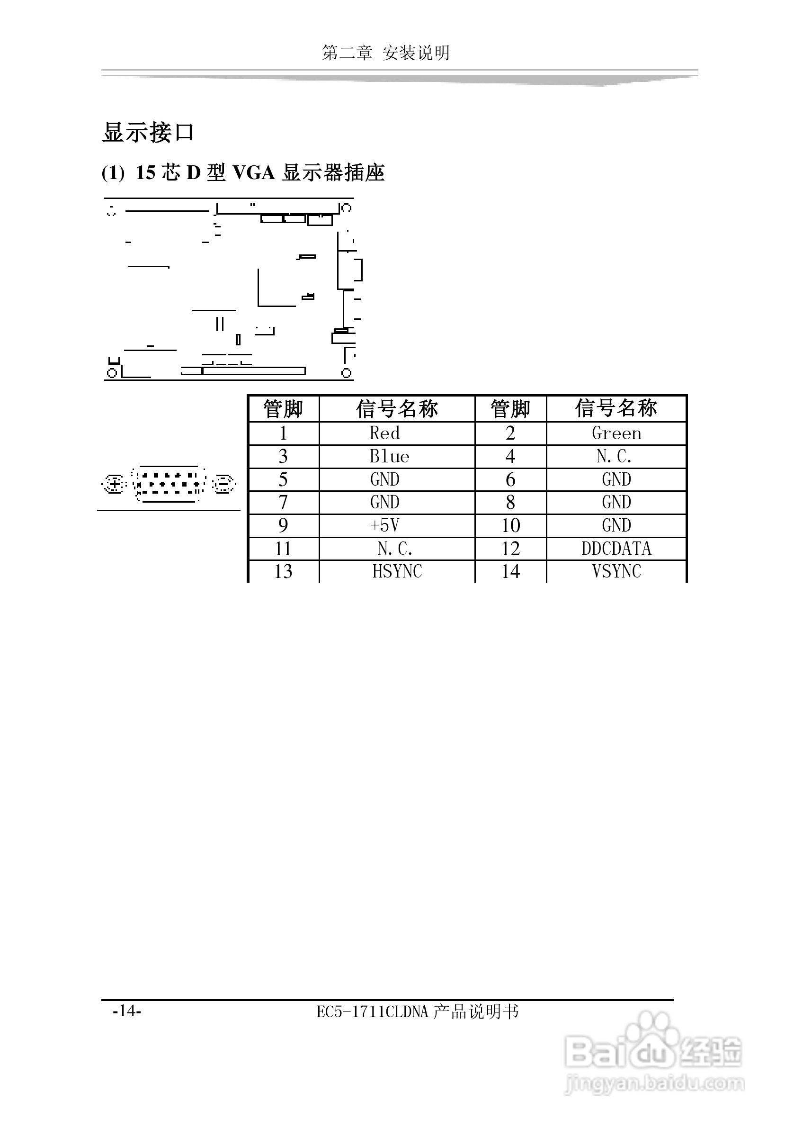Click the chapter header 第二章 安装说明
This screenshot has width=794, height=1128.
pos(385,53)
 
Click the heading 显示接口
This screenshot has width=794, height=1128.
pos(148,133)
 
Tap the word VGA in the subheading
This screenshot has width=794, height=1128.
pos(253,173)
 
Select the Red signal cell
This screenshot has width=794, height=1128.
pos(384,433)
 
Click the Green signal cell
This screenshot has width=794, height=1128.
pos(616,433)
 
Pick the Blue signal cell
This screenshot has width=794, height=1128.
pos(389,456)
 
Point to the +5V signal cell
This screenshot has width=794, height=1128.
pos(384,526)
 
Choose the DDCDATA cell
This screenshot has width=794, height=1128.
pos(616,549)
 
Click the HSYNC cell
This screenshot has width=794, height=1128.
pos(397,571)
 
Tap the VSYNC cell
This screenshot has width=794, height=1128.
pos(616,571)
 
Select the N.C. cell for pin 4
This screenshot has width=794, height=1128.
pos(614,456)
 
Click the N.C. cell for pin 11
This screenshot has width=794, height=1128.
pos(395,549)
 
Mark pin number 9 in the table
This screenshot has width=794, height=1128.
pos(283,526)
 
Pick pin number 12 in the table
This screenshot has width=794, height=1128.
pos(511,549)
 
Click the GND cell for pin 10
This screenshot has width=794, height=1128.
pos(616,526)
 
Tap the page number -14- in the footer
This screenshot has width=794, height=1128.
pos(127,1011)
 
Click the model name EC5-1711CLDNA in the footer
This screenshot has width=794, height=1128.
pos(373,1012)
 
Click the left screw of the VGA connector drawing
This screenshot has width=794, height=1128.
pos(115,485)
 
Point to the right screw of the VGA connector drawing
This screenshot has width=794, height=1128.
pos(224,485)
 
